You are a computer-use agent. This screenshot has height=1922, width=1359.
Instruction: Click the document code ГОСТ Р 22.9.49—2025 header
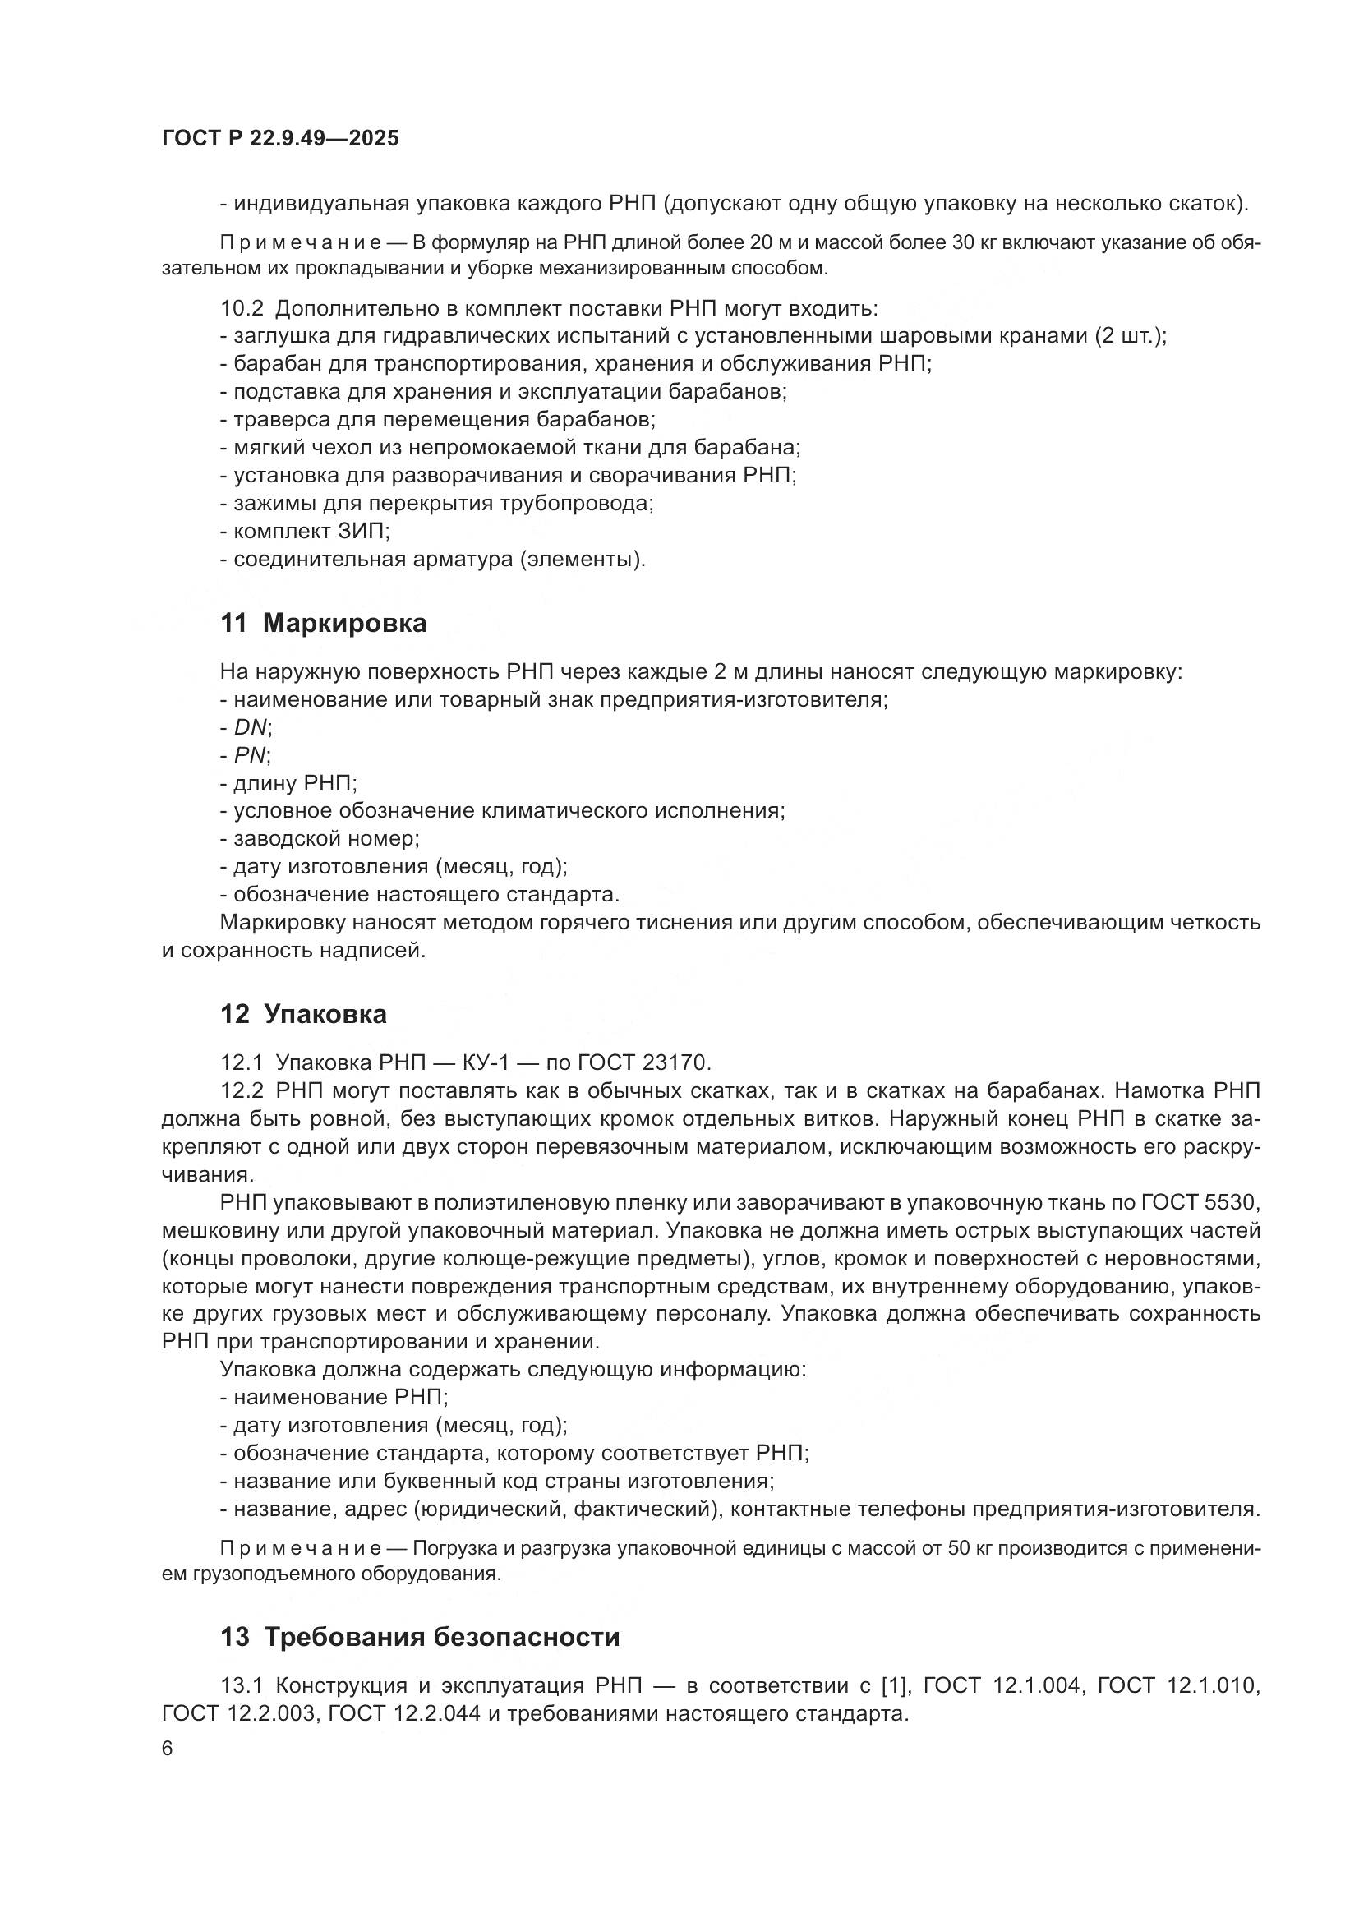(x=280, y=139)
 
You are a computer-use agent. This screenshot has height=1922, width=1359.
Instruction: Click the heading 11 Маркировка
(x=323, y=623)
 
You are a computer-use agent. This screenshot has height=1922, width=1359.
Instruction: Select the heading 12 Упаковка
(x=303, y=1015)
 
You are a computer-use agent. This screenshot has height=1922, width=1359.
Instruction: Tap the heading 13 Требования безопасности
(x=420, y=1637)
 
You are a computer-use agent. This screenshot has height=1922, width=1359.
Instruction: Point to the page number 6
(x=168, y=1749)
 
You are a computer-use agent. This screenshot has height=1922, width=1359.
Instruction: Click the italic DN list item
(x=252, y=727)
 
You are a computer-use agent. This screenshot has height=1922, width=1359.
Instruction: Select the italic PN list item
(x=251, y=755)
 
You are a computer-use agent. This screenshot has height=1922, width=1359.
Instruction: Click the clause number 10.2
(x=241, y=308)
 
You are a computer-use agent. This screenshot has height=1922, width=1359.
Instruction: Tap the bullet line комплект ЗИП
(x=306, y=532)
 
